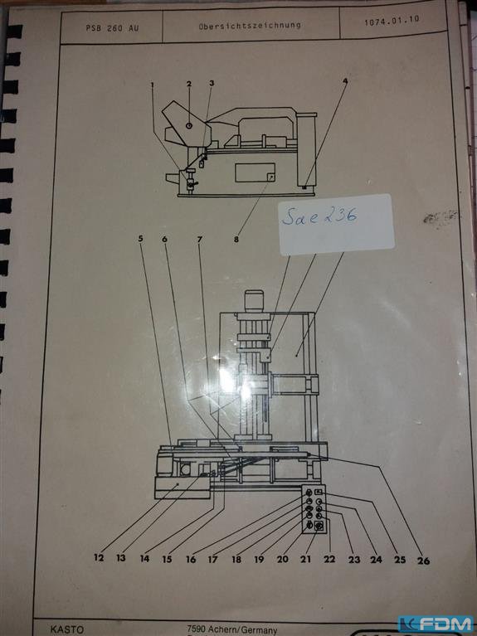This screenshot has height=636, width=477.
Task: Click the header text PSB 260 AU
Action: [x=112, y=28]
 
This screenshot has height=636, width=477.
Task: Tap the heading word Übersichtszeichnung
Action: [x=250, y=26]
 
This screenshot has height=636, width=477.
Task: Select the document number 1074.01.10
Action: [x=392, y=21]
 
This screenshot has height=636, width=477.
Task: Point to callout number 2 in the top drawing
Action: [x=189, y=84]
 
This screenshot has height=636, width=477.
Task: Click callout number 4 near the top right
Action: [x=344, y=80]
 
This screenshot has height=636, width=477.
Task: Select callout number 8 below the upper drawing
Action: [x=236, y=240]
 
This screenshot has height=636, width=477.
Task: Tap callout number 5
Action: [x=140, y=239]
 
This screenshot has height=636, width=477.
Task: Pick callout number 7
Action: [x=199, y=240]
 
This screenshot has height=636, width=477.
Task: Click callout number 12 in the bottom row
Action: [x=99, y=558]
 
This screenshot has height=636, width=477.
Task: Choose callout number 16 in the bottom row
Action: [x=191, y=560]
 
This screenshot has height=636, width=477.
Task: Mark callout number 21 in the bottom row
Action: [x=305, y=559]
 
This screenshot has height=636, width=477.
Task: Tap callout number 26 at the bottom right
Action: [x=423, y=561]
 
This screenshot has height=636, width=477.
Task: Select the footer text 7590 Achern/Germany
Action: [x=231, y=630]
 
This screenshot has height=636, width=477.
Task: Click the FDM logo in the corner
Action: [x=436, y=624]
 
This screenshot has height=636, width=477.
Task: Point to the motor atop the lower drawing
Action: [x=252, y=301]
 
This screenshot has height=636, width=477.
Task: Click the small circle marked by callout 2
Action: [x=189, y=126]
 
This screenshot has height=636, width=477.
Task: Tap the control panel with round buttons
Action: [x=314, y=508]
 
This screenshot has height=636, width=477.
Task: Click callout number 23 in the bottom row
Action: [x=354, y=560]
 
